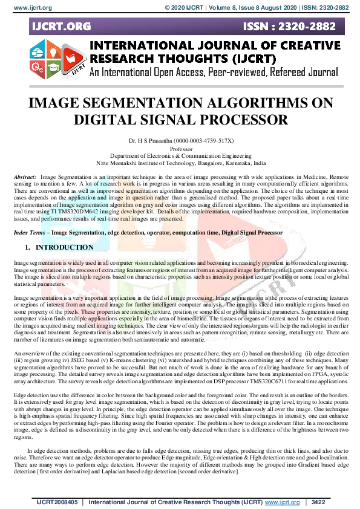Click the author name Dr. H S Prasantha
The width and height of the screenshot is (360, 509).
point(152,140)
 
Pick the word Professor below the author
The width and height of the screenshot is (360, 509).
point(181,148)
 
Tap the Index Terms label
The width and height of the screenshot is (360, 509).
point(30,232)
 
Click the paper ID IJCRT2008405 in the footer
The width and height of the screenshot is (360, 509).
point(56,502)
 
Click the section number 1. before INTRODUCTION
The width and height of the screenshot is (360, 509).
point(27,247)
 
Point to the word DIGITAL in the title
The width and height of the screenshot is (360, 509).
point(109,118)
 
